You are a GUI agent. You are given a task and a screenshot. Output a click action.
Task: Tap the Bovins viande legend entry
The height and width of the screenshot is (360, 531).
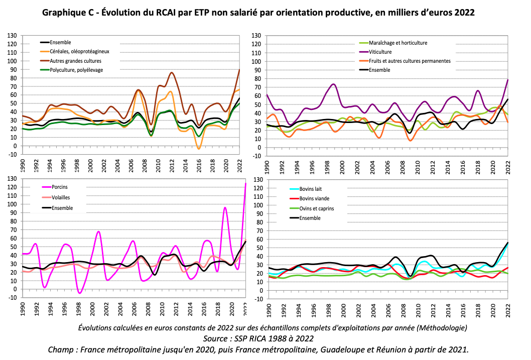(x=313, y=199)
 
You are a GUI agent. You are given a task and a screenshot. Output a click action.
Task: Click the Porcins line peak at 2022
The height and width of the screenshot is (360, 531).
(x=246, y=184)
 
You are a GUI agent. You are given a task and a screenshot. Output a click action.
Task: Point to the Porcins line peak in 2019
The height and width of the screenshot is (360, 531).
(x=225, y=207)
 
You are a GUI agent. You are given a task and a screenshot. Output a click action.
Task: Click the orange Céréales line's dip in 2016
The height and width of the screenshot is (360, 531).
(x=199, y=149)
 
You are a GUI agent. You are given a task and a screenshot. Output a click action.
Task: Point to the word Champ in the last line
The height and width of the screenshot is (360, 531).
(x=60, y=349)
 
